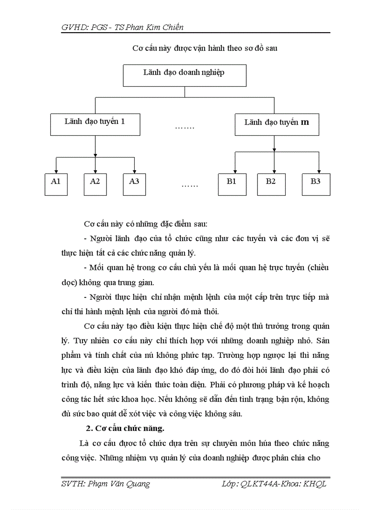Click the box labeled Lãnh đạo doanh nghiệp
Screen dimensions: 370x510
click(x=185, y=75)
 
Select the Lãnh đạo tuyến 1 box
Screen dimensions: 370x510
click(x=95, y=124)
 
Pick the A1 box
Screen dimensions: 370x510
click(x=56, y=184)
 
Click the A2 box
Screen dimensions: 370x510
click(x=95, y=184)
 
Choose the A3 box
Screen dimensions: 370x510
click(x=134, y=184)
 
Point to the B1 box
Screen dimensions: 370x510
click(x=232, y=184)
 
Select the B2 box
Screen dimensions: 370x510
click(x=271, y=184)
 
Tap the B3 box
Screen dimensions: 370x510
click(x=316, y=184)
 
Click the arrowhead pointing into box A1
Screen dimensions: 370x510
click(x=56, y=170)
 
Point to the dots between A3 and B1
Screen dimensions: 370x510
click(x=190, y=185)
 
